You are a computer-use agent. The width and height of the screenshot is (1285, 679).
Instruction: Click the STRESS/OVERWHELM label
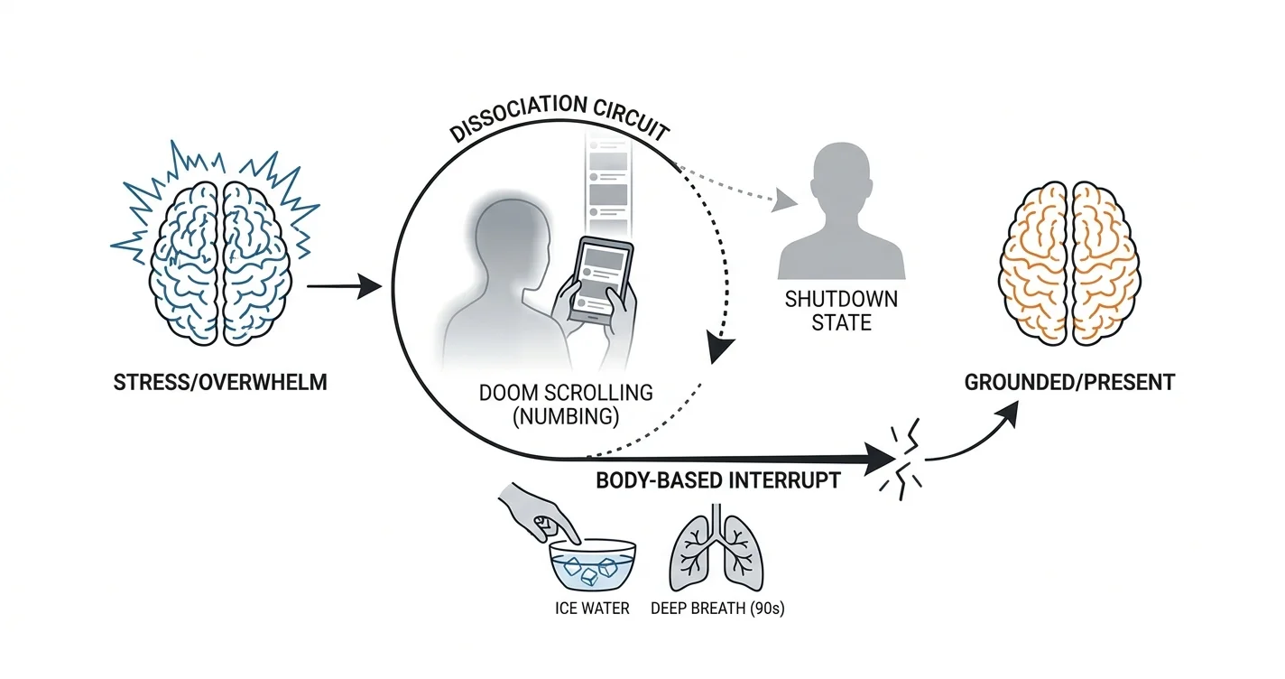coord(220,382)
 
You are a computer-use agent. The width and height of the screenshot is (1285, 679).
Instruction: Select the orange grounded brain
coord(1069,264)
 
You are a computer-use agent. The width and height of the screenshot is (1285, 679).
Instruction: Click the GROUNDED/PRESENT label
coord(1069,382)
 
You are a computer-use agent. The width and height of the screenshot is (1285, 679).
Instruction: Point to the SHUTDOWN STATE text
coord(842,312)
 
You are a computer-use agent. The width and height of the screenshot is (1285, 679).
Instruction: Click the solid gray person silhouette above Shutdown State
coord(842,210)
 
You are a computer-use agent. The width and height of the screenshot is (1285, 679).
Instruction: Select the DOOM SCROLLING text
coord(566,393)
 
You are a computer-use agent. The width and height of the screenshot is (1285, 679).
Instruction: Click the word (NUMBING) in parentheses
coord(566,416)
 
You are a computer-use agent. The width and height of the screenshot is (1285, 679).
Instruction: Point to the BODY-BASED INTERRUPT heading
coord(718,480)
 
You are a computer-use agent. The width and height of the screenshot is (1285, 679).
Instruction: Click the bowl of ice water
coord(593,565)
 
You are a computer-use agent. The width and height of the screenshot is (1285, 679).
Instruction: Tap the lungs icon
coord(716,548)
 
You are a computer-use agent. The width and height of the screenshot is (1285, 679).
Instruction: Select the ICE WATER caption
coord(592,609)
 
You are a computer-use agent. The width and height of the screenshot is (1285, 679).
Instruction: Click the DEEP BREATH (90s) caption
coord(717,609)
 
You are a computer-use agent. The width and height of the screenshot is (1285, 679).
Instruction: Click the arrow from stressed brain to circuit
coord(345,286)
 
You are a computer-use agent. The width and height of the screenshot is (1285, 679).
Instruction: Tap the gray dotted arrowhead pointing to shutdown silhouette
coord(783,200)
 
